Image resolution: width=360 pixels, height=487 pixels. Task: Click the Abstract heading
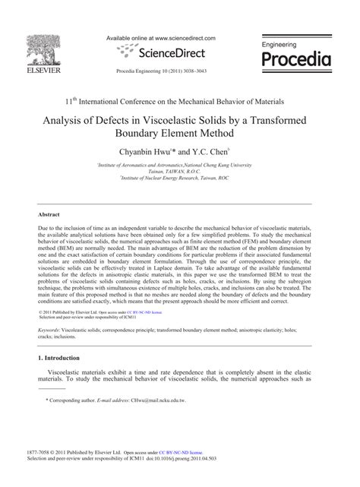point(49,215)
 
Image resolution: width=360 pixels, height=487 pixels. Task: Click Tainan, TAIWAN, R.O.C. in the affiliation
point(179,172)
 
